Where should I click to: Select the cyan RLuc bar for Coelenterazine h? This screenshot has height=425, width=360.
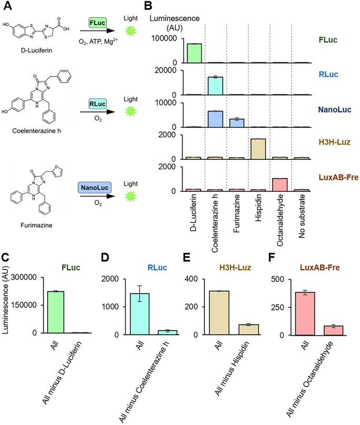(x=215, y=86)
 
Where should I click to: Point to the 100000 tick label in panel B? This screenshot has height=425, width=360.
(x=167, y=39)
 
